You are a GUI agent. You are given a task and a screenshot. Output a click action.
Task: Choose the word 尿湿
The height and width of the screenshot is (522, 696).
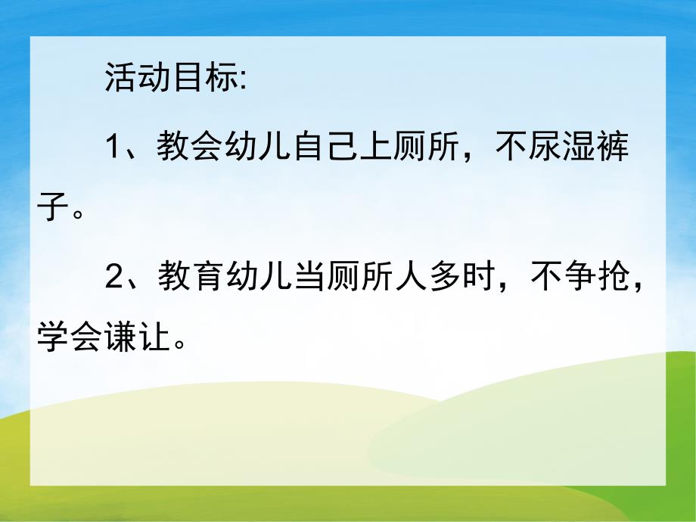[561, 147]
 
